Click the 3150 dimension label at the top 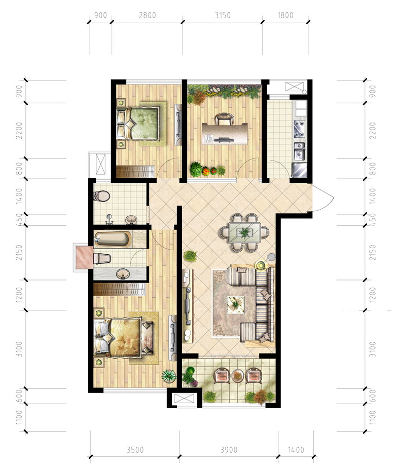point(223,15)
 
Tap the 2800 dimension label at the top point(148,15)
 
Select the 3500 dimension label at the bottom point(135,450)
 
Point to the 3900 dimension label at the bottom point(229,450)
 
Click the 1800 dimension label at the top point(285,15)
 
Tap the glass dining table point(244,232)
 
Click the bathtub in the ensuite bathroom point(112,239)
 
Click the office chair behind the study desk point(224,119)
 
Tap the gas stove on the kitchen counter point(300,128)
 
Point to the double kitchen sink point(300,151)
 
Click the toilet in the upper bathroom point(102,196)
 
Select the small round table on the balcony point(238,375)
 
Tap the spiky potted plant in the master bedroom point(168,376)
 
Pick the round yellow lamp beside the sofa point(260,265)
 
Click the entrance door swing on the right point(323,198)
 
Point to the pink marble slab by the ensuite point(84,258)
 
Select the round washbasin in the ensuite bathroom point(123,274)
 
